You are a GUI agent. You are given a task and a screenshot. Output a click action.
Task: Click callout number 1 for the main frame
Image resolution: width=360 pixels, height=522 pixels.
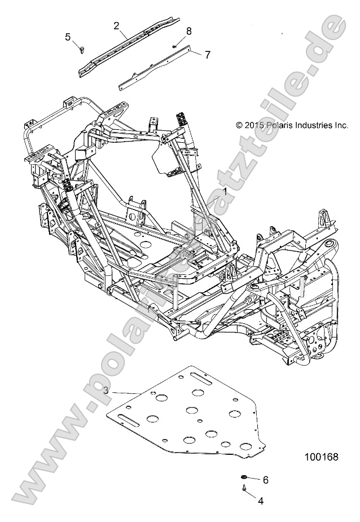pyautogui.click(x=225, y=192)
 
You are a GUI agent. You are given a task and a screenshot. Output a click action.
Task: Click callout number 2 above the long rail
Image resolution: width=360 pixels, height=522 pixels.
pyautogui.click(x=116, y=25)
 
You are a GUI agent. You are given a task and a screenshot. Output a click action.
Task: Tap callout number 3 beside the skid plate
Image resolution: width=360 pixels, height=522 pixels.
pyautogui.click(x=106, y=390)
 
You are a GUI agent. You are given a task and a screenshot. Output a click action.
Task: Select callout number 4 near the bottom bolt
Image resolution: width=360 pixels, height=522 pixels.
pyautogui.click(x=260, y=500)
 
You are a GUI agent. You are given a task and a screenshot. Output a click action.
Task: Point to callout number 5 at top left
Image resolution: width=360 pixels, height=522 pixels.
pyautogui.click(x=68, y=37)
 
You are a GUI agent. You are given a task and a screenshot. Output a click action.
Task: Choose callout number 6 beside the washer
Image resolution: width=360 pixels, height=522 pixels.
pyautogui.click(x=265, y=480)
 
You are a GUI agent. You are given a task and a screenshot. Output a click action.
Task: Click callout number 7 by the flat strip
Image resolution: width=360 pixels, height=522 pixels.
pyautogui.click(x=207, y=55)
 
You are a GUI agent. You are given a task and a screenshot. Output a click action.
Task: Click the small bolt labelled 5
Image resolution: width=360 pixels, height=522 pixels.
pyautogui.click(x=83, y=49)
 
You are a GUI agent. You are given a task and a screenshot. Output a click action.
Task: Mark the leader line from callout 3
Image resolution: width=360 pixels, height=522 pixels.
pyautogui.click(x=127, y=392)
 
